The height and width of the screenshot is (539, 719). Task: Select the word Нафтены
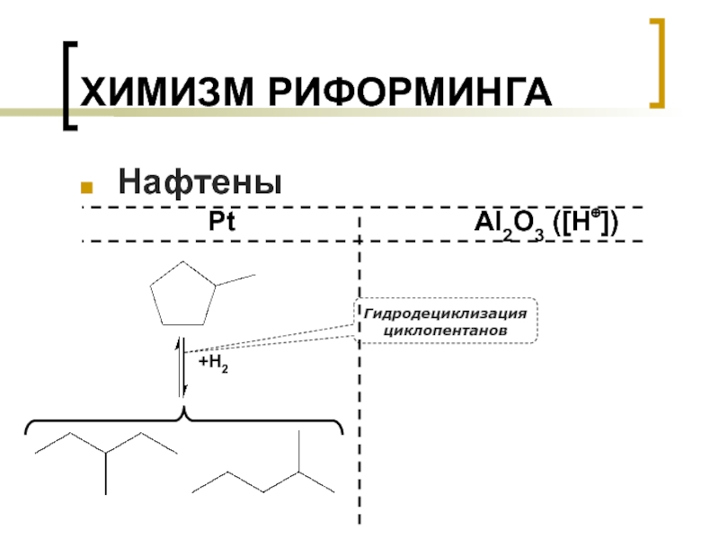[x=200, y=183]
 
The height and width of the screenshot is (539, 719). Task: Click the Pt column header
[x=221, y=222]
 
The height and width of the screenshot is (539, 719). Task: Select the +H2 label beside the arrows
[x=212, y=362]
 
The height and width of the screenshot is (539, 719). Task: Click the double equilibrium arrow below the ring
[x=182, y=368]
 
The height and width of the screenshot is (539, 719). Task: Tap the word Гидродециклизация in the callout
[x=445, y=314]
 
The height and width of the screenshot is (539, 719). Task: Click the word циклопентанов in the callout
[x=445, y=331]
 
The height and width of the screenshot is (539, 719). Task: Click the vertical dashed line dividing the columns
[x=359, y=404]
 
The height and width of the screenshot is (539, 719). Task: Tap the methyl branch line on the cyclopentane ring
[x=236, y=279]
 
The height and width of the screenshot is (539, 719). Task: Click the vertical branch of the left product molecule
[x=106, y=473]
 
